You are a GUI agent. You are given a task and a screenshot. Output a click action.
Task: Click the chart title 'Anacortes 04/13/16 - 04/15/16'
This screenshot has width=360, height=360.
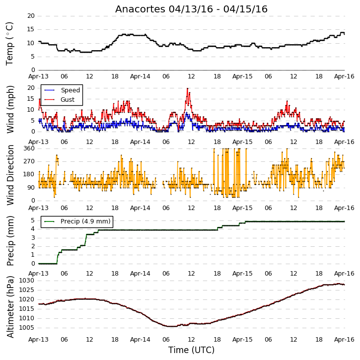point(191,9)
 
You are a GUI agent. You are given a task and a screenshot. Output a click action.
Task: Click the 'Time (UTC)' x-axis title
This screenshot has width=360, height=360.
point(191,350)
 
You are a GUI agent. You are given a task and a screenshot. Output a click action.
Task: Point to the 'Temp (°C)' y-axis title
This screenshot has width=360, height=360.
point(9,44)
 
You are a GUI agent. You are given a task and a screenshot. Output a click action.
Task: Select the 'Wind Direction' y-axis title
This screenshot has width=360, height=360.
point(10,175)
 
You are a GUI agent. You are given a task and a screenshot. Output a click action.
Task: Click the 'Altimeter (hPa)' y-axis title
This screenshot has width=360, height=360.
point(10,307)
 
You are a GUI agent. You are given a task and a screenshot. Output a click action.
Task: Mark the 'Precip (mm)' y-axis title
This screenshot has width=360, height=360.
point(10,241)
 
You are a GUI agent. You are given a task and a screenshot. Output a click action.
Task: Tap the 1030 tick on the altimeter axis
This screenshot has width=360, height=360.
point(26,281)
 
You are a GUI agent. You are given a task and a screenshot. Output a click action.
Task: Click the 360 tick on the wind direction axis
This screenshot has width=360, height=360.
point(29,148)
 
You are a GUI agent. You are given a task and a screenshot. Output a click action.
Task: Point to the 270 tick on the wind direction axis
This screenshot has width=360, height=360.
point(29,161)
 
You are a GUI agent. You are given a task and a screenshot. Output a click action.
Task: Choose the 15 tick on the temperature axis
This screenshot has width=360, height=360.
point(31,29)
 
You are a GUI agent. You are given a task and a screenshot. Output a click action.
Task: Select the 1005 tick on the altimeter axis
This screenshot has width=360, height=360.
point(26,328)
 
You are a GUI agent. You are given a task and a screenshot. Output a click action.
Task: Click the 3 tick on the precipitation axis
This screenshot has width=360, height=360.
point(33,238)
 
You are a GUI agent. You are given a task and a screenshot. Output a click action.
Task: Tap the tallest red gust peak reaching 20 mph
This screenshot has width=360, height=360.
point(188,88)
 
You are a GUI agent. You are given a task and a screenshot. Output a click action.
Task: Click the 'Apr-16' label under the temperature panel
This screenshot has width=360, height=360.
point(344,76)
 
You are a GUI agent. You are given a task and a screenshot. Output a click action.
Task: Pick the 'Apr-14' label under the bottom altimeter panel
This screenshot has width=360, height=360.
point(140,340)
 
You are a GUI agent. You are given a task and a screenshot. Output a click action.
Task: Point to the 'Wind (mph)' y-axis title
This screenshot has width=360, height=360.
point(10,109)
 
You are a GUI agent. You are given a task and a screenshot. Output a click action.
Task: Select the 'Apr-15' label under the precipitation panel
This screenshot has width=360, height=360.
point(242,274)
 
